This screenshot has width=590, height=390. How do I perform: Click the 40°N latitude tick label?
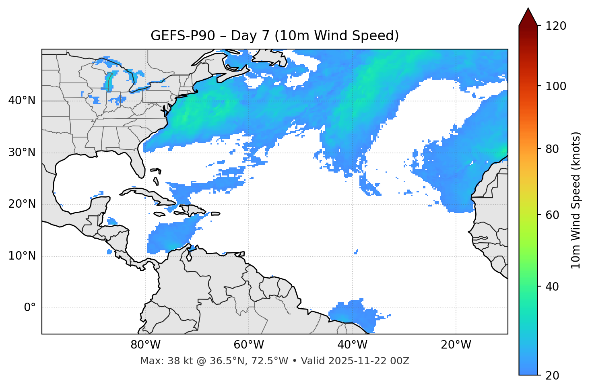coord(22,101)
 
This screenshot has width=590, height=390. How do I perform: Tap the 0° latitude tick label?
coord(30,308)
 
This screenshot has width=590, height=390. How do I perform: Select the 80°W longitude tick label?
coord(145,345)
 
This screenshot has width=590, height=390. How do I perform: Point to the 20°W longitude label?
coord(456,345)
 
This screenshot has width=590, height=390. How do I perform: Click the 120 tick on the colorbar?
coord(556,26)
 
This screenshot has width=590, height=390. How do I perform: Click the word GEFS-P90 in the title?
coord(183,36)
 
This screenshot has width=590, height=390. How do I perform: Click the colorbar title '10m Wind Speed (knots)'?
coord(576,200)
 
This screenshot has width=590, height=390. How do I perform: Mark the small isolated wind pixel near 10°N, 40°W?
coord(356,252)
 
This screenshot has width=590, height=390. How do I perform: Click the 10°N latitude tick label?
coord(22,256)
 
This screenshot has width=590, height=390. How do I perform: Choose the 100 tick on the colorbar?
coord(556,86)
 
